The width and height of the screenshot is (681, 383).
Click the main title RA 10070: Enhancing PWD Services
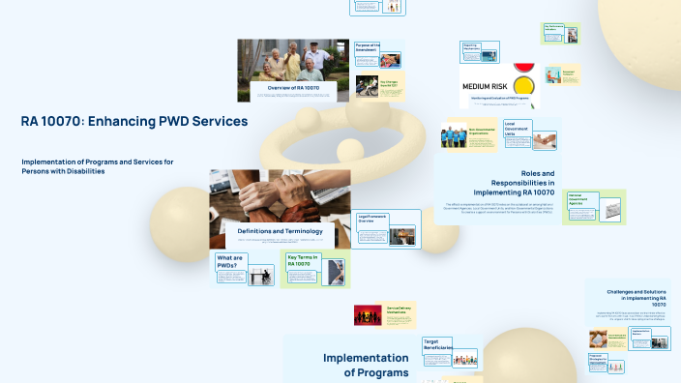click(134, 121)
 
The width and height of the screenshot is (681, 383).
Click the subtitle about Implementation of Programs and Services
click(97, 166)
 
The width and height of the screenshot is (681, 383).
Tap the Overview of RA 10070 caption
click(293, 88)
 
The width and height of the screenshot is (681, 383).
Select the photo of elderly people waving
click(293, 59)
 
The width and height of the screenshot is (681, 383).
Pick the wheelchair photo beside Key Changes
click(367, 85)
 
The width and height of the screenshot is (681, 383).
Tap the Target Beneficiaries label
click(437, 345)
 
